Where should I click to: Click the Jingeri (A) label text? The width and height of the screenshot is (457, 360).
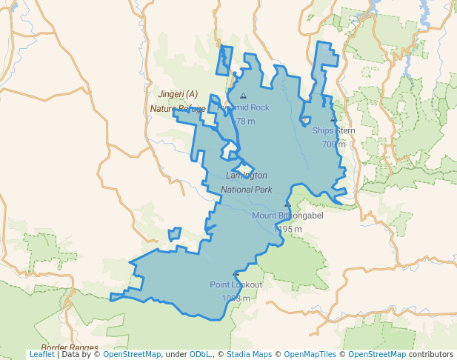click(178, 94)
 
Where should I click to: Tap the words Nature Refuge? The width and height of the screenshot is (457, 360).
click(178, 109)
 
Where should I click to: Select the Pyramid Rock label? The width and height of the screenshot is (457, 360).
click(244, 107)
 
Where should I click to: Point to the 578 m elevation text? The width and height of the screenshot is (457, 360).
click(244, 121)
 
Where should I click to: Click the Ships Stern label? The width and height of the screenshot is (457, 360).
click(333, 130)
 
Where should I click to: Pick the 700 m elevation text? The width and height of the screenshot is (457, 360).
click(333, 144)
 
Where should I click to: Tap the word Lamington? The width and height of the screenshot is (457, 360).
click(247, 176)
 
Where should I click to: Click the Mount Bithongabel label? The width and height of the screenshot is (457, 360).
click(288, 216)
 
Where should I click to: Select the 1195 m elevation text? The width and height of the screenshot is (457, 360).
click(288, 229)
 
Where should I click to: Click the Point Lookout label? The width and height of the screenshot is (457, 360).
click(236, 284)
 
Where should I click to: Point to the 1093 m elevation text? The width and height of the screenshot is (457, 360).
click(236, 298)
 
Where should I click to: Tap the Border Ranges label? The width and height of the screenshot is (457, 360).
click(70, 347)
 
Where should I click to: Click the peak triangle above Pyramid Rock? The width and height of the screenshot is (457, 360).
click(244, 96)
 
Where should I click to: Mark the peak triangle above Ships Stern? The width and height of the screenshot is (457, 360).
click(333, 119)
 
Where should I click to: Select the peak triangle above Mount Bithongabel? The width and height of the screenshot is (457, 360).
click(288, 204)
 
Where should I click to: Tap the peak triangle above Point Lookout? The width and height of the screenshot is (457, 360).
click(236, 273)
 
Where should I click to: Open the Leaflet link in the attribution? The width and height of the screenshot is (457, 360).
click(41, 354)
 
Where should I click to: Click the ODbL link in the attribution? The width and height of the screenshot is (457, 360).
click(201, 354)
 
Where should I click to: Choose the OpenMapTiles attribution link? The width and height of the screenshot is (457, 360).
click(311, 354)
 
